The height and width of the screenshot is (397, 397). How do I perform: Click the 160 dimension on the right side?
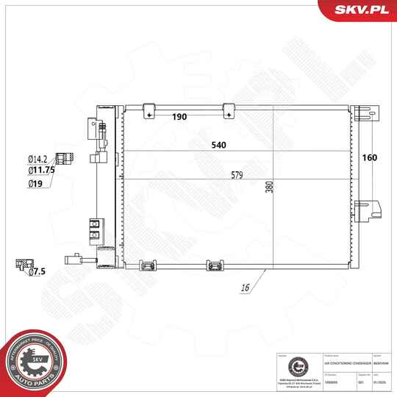tap(369, 157)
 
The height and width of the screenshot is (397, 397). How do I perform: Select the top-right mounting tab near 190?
tap(229, 110)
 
